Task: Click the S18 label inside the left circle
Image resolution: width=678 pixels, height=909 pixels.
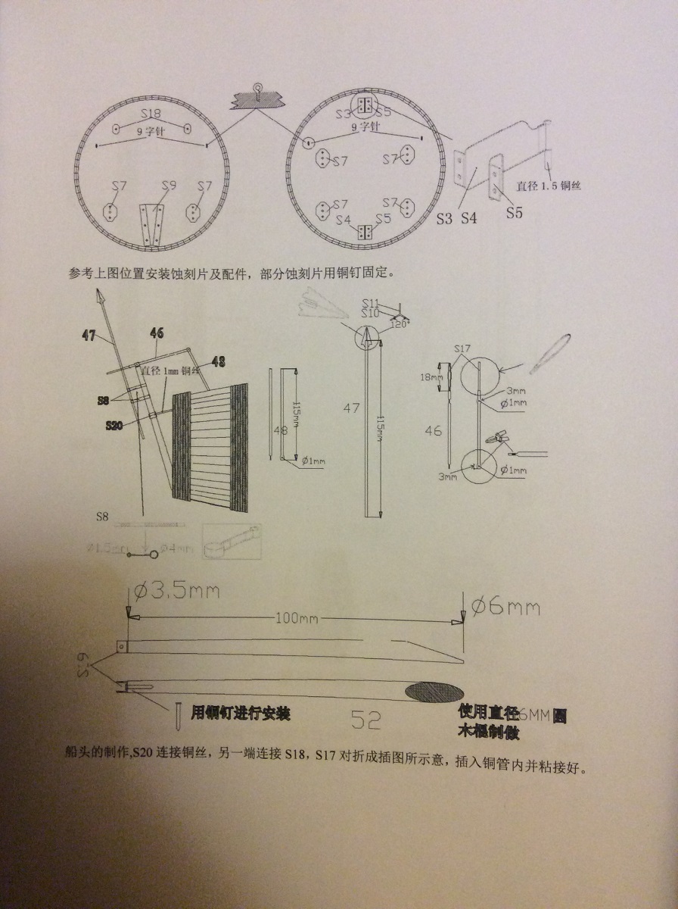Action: coord(151,114)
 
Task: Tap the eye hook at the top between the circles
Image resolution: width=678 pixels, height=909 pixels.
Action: coord(258,88)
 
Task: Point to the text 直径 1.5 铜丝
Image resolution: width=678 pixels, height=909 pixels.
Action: coord(549,184)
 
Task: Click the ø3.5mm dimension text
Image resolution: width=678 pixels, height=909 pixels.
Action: coord(177,591)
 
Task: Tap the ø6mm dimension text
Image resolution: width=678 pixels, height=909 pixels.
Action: coord(505,606)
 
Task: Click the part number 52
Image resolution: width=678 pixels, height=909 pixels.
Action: coord(365,720)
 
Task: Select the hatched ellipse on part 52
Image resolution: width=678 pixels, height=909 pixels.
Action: coord(435,691)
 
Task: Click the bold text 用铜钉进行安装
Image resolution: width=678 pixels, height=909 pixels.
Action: coord(241,713)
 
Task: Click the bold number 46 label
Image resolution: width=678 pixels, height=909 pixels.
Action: coord(157,331)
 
